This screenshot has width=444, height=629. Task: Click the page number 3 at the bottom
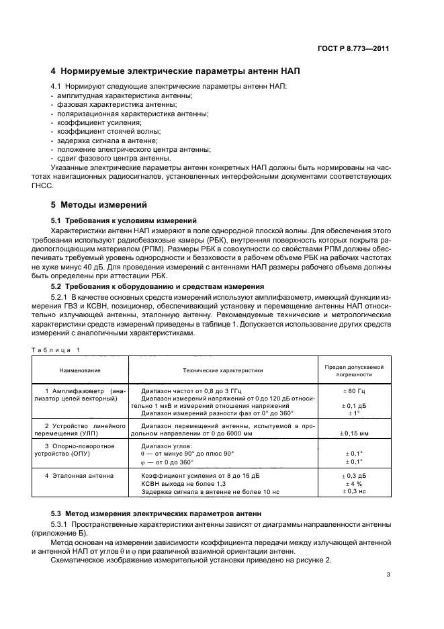[x=388, y=574]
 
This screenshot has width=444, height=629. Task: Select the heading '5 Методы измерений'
[x=99, y=204]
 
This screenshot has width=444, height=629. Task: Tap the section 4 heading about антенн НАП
[x=175, y=71]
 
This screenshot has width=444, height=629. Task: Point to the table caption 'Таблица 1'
[x=55, y=349]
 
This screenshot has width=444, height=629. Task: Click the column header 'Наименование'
[x=79, y=370]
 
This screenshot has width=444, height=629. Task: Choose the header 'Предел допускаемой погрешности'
[x=353, y=370]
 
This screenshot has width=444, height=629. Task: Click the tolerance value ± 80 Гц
[x=353, y=390]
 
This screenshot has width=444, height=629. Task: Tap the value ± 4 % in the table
[x=353, y=484]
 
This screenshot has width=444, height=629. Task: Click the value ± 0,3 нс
[x=353, y=492]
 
